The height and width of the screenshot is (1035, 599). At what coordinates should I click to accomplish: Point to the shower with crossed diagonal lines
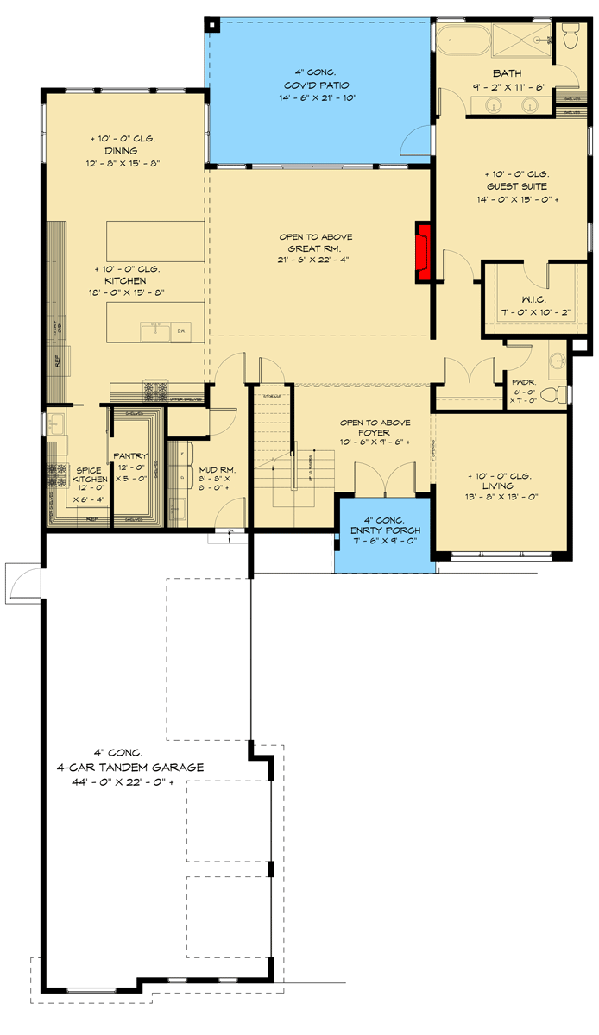coord(521,40)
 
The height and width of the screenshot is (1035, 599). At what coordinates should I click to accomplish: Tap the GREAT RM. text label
coord(315,248)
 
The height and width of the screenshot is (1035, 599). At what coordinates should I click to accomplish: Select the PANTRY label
coord(129,455)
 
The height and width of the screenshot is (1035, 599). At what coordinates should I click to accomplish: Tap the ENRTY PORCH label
coord(385,530)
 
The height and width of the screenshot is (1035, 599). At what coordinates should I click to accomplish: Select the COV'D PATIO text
coord(320,85)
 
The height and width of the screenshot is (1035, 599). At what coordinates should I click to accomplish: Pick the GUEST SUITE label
coord(516,185)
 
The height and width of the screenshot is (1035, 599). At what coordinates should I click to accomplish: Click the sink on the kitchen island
coord(160,328)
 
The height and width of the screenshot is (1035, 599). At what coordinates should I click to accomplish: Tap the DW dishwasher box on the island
coord(182,330)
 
